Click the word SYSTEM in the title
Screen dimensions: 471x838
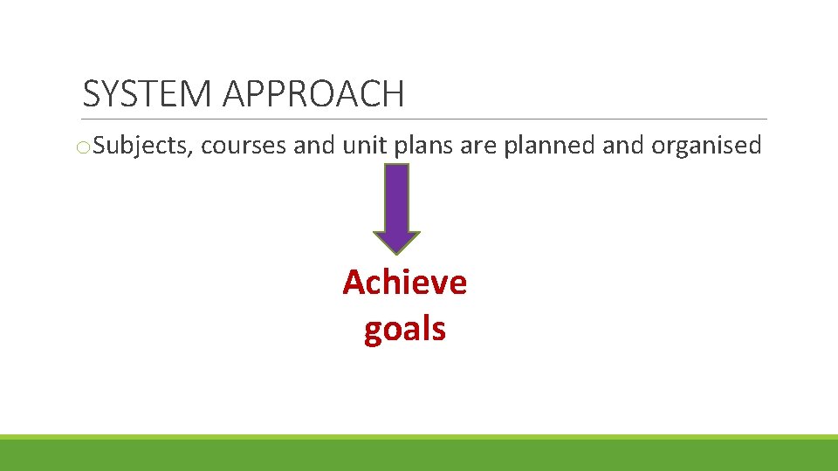point(147,94)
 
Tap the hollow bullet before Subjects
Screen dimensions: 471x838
point(82,147)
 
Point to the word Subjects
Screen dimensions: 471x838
point(141,146)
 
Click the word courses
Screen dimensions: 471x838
point(244,146)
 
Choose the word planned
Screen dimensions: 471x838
point(549,146)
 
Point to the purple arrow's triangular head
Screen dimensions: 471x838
point(396,242)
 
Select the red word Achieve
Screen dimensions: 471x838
point(405,283)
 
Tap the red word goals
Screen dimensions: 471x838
point(405,330)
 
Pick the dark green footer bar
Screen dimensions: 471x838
point(419,455)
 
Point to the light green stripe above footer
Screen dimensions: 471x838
point(419,437)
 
